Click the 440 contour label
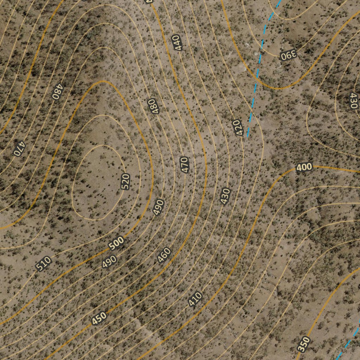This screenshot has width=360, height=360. click(x=177, y=43)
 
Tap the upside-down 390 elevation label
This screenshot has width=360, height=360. click(x=289, y=55)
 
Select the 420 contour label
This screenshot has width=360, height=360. click(x=238, y=128)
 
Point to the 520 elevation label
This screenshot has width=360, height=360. click(x=126, y=181)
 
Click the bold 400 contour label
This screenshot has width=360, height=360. click(x=304, y=167)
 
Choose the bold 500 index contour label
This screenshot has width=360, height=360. click(x=116, y=243)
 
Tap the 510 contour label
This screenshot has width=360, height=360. click(x=44, y=264)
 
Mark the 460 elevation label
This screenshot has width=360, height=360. click(x=164, y=255)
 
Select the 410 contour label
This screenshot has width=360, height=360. click(x=195, y=299)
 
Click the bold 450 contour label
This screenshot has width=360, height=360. click(x=99, y=319)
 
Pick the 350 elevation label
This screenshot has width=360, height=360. click(x=304, y=344)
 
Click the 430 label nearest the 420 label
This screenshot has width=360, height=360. click(x=225, y=196)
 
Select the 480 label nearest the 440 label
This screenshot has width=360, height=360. click(x=154, y=106)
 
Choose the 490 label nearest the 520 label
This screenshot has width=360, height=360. click(x=159, y=207)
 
